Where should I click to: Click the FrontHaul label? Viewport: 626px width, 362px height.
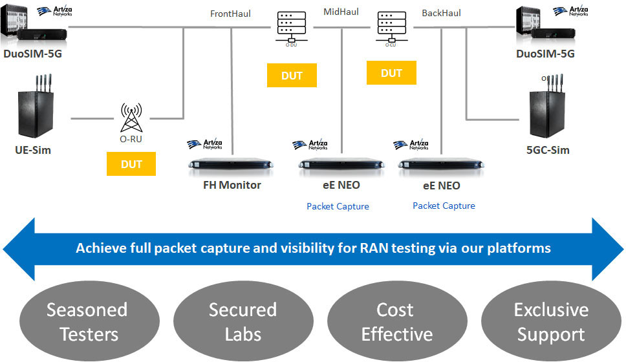(x=230, y=13)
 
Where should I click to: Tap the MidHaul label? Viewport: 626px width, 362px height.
(x=341, y=11)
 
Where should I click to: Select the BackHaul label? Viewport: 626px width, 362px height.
(x=441, y=13)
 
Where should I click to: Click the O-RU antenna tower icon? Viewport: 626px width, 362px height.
(x=131, y=118)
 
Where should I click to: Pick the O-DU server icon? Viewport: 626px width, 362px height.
(x=292, y=28)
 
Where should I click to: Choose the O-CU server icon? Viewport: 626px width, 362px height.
(x=390, y=28)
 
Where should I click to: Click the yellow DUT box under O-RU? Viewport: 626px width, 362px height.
(x=131, y=164)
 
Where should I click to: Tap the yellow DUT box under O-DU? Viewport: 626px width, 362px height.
(x=292, y=76)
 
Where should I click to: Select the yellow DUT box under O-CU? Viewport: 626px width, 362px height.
(x=391, y=73)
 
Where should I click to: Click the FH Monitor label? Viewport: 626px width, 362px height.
(x=232, y=186)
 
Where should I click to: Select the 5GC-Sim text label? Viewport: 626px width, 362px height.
(x=548, y=151)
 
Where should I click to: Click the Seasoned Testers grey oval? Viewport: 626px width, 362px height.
(x=87, y=321)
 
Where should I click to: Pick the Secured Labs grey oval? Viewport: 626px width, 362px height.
(x=243, y=321)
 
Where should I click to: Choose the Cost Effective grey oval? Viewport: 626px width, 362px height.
(x=396, y=321)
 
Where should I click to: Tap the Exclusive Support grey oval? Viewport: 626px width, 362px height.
(x=550, y=321)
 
